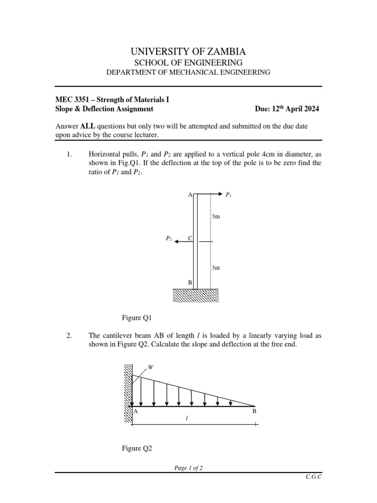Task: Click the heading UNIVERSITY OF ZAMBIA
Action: pos(188,51)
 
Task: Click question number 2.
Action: pos(69,336)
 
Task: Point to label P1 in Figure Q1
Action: pos(229,195)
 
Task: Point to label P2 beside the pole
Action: pos(169,238)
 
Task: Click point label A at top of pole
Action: pos(190,195)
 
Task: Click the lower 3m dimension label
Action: pos(215,268)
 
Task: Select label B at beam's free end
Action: pos(254,411)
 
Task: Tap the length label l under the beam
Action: pos(187,418)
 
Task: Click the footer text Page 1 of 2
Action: pos(188,468)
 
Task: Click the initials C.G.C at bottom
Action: pos(313,477)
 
